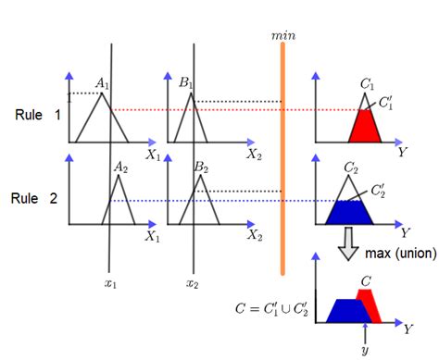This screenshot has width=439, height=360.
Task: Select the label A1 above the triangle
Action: pos(103,84)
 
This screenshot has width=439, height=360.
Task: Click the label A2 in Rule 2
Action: pos(120,168)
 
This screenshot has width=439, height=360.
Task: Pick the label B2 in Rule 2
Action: pos(200,168)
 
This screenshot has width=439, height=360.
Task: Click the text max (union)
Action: pos(399,252)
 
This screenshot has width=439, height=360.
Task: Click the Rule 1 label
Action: pos(37,116)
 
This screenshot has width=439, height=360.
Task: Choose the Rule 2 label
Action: pos(37,198)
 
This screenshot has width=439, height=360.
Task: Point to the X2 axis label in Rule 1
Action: pos(253,155)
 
